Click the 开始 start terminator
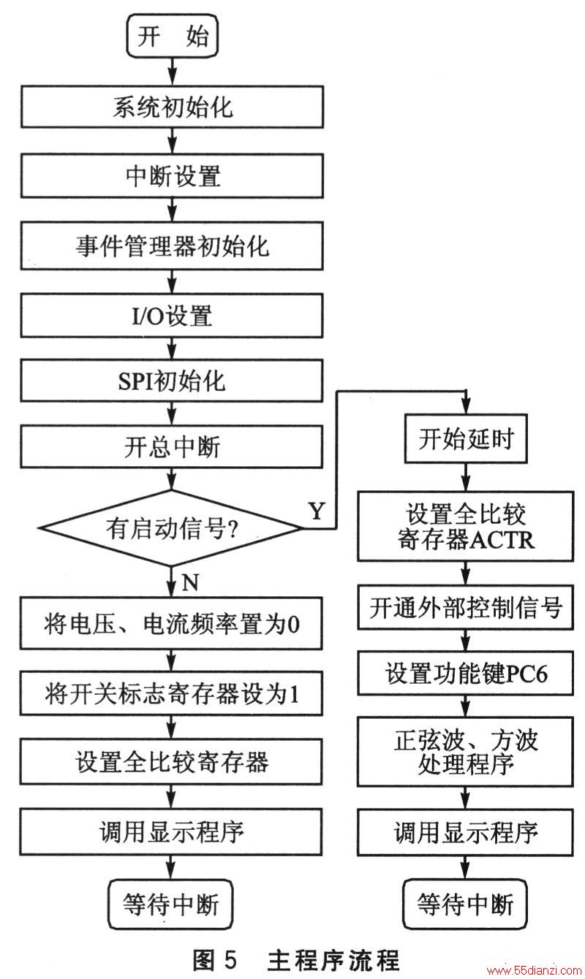click(x=173, y=36)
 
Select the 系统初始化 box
click(x=173, y=107)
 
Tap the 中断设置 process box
click(x=173, y=175)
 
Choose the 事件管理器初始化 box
click(x=172, y=246)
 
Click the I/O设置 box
click(x=172, y=316)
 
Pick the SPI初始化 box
click(x=172, y=381)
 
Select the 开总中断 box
click(x=172, y=447)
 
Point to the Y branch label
click(x=317, y=510)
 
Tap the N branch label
click(x=190, y=582)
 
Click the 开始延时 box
click(x=466, y=439)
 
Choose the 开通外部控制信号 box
click(x=466, y=608)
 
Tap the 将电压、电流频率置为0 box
click(x=171, y=623)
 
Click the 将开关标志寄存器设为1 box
click(x=171, y=693)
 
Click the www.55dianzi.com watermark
click(x=535, y=971)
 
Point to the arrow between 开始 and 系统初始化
click(x=173, y=72)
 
